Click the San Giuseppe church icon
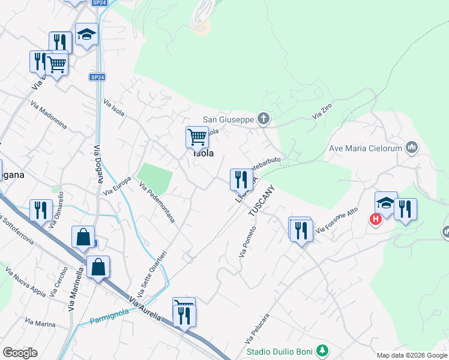click(x=263, y=119)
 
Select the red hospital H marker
click(x=376, y=220)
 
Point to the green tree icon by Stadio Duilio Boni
click(x=322, y=350)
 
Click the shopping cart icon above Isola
click(x=197, y=137)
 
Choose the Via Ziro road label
click(x=322, y=111)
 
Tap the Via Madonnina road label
click(x=49, y=116)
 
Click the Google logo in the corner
click(x=20, y=353)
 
